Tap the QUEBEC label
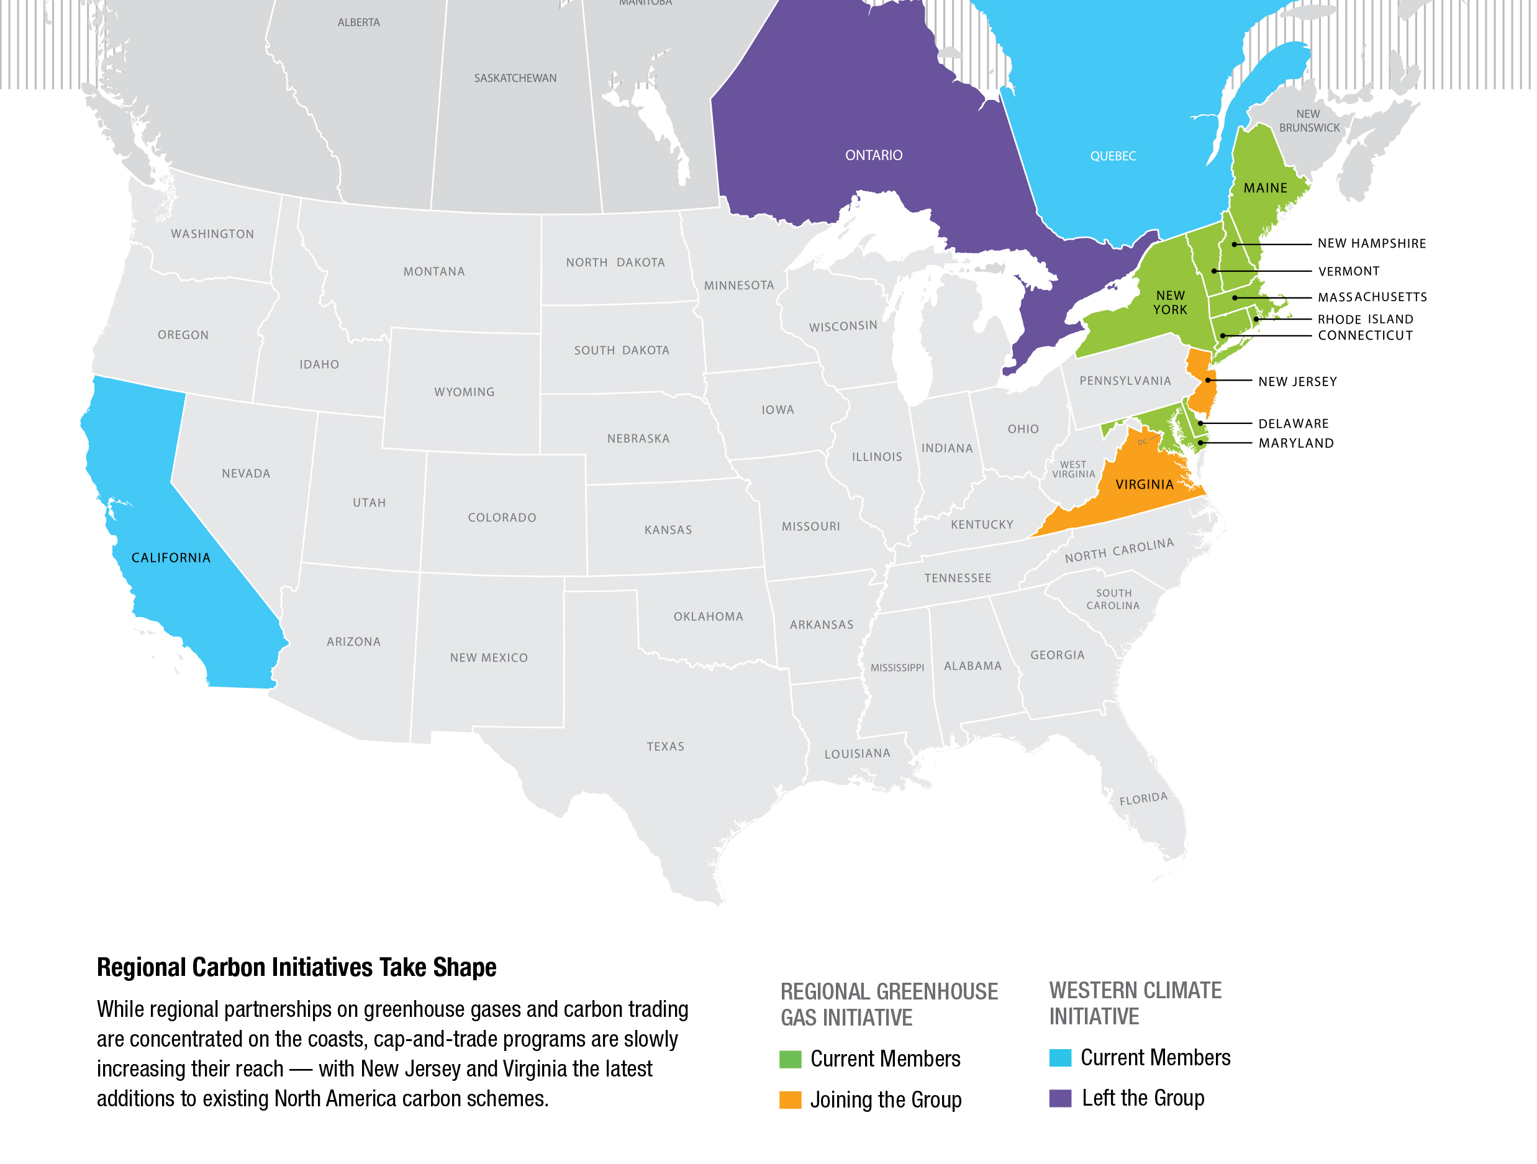(x=1112, y=156)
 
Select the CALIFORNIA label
(x=170, y=557)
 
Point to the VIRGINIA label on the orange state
(x=1144, y=485)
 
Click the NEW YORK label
(x=1170, y=303)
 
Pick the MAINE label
(x=1264, y=188)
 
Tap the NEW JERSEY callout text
(x=1297, y=381)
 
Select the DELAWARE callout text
(x=1293, y=423)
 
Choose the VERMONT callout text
(x=1348, y=271)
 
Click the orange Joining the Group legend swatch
(x=790, y=1099)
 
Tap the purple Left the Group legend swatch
(x=1059, y=1098)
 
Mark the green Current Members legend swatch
(x=790, y=1059)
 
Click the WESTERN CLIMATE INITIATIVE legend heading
(x=1134, y=1003)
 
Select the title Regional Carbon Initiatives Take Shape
(x=296, y=967)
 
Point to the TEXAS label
(x=665, y=747)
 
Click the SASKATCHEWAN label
(x=515, y=78)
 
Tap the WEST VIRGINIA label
(x=1073, y=469)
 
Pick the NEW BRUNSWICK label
(x=1308, y=121)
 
